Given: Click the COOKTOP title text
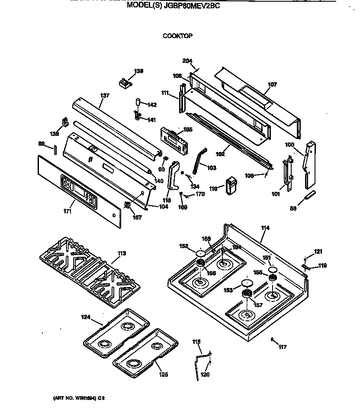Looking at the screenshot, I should pos(177,36).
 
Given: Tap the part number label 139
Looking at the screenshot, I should pos(138,71).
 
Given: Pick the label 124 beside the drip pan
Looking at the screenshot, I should pos(86,317).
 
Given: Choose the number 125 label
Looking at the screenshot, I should pos(163,375).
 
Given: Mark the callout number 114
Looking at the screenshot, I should pos(265,228).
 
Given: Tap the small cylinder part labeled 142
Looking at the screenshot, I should pos(138,102).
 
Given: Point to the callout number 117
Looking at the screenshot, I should pos(283,347).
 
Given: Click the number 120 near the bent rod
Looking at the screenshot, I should pos(205,375).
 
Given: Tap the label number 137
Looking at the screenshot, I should pos(105,96).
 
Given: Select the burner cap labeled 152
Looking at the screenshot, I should pos(200,253).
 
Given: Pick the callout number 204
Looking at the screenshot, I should pos(187,61).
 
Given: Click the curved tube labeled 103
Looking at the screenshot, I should pos(199,160).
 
